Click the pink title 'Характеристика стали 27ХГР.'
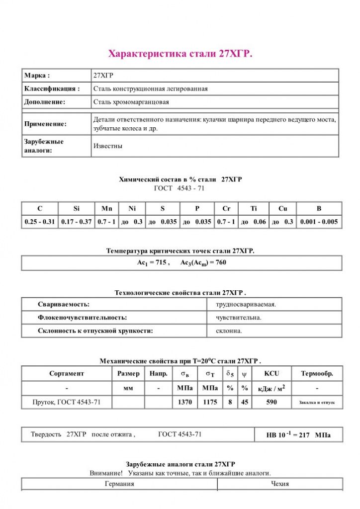click(180, 54)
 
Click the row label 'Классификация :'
click(52, 89)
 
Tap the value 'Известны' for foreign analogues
click(108, 146)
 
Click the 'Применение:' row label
click(45, 124)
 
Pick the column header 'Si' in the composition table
click(76, 209)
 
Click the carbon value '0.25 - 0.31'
click(40, 222)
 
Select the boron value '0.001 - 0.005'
click(319, 222)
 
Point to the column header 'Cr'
click(226, 209)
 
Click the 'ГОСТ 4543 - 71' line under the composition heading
click(180, 188)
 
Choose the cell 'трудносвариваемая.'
click(246, 304)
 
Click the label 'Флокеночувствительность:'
click(82, 317)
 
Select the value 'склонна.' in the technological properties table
click(229, 331)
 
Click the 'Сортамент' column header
click(67, 373)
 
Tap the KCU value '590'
click(271, 402)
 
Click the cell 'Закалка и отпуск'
click(317, 402)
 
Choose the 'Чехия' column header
click(280, 484)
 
